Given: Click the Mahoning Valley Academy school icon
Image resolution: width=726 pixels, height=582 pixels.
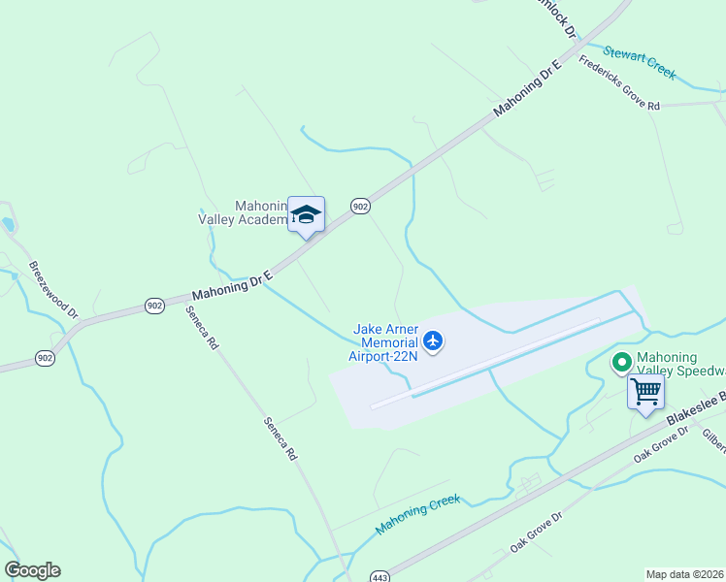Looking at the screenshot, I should click(306, 215).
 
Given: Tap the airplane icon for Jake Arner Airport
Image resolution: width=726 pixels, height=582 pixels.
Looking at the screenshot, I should click(433, 340).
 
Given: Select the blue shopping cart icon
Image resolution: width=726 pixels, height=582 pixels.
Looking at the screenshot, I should click(645, 393).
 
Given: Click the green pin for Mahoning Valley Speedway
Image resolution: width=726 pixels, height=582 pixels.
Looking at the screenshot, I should click(621, 363).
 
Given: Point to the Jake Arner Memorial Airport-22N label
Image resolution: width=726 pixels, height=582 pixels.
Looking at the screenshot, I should click(385, 343).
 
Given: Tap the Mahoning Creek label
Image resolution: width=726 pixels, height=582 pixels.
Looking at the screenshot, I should click(417, 514).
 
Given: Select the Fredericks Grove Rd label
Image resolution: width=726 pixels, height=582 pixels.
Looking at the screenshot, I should click(619, 84).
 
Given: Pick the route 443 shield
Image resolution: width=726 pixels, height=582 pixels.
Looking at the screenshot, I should click(379, 576).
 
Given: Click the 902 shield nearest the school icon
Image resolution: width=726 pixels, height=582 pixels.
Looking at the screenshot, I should click(360, 206).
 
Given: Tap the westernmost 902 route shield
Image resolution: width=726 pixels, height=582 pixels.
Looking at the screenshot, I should click(45, 358).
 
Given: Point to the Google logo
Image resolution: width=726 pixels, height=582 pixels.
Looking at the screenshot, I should click(32, 570).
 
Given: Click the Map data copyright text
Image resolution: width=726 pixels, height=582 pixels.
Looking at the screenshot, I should click(685, 574).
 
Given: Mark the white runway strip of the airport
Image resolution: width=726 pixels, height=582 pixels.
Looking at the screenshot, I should click(485, 364).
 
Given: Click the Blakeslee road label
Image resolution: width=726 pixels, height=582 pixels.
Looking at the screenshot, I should click(694, 411).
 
